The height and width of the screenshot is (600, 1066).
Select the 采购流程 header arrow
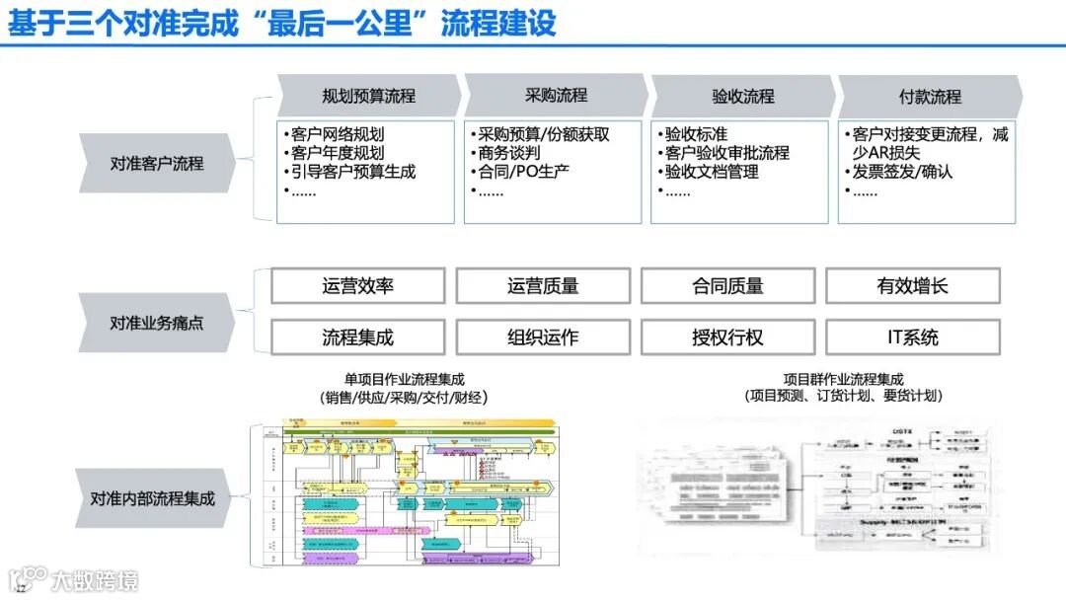[556, 96]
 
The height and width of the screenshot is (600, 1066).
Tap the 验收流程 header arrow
[743, 96]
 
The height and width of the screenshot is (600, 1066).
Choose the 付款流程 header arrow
[930, 96]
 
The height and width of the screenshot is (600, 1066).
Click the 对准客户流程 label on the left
[157, 163]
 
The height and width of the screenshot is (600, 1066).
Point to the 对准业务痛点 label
[157, 323]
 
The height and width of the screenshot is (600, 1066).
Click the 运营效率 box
[357, 286]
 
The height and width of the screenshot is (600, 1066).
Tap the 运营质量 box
[543, 286]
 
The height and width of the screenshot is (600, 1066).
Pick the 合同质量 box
[727, 286]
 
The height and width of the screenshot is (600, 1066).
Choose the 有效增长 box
[912, 286]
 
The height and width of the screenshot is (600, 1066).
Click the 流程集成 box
[357, 337]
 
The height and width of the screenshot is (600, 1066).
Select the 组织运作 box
[543, 337]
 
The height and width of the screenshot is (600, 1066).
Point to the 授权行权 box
[727, 337]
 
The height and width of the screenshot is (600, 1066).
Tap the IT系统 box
[912, 337]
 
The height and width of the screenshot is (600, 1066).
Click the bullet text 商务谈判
[509, 153]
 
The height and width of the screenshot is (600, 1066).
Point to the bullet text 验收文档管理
[711, 172]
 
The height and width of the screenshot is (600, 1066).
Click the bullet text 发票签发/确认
[902, 172]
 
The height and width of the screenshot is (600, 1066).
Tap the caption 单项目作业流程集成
[404, 379]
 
